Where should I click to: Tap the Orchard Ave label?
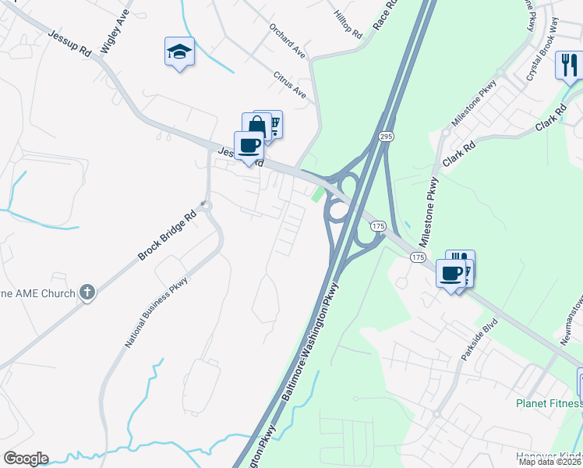288,45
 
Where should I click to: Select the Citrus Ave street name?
290,85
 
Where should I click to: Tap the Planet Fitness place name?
549,403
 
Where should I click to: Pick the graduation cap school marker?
179,52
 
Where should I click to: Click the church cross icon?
88,292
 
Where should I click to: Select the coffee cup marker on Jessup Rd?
249,146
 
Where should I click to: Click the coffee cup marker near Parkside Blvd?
451,274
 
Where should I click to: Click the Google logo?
26,459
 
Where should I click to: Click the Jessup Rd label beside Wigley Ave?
70,44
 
